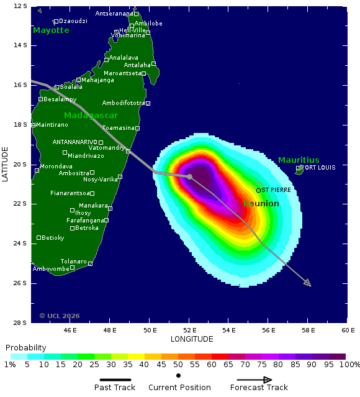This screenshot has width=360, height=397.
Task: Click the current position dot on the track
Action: pyautogui.click(x=189, y=176)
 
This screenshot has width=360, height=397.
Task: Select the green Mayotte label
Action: pyautogui.click(x=51, y=30)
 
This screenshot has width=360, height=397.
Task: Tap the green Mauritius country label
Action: pyautogui.click(x=299, y=160)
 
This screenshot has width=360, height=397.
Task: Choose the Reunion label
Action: pyautogui.click(x=261, y=204)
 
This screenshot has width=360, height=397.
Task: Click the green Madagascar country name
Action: pyautogui.click(x=91, y=116)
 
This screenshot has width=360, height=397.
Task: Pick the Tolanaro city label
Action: pyautogui.click(x=73, y=261)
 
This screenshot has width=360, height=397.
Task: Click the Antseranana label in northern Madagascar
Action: pyautogui.click(x=114, y=14)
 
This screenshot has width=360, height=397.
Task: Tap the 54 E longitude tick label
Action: pyautogui.click(x=229, y=329)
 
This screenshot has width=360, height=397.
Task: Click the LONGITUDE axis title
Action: pyautogui.click(x=192, y=339)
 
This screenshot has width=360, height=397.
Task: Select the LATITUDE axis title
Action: pyautogui.click(x=6, y=164)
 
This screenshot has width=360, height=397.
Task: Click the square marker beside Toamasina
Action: pyautogui.click(x=137, y=128)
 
